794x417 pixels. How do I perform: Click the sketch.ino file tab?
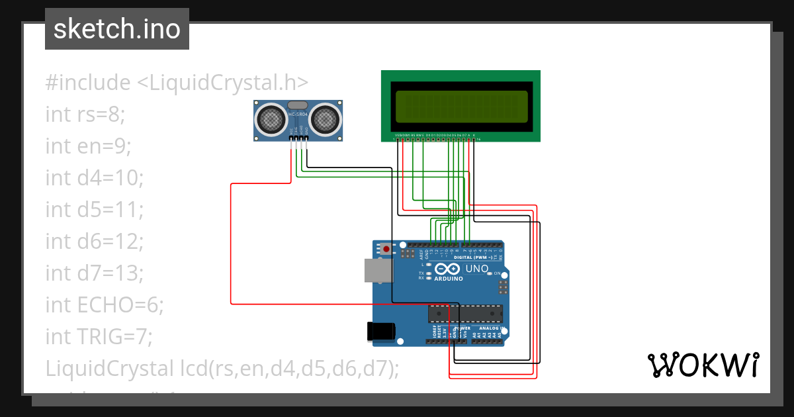[x=116, y=29]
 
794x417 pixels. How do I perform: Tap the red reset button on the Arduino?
[x=386, y=250]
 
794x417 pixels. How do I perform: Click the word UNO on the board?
[x=477, y=269]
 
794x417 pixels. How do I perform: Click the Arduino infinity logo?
[x=447, y=269]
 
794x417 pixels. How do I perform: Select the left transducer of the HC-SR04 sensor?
[x=271, y=119]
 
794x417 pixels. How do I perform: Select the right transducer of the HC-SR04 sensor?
[x=326, y=119]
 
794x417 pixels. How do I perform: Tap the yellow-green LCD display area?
[x=461, y=106]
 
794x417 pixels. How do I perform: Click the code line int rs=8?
[x=85, y=114]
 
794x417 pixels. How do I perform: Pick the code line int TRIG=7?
[x=99, y=336]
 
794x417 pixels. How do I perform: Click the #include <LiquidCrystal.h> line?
[x=177, y=83]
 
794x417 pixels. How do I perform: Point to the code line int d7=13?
[x=95, y=273]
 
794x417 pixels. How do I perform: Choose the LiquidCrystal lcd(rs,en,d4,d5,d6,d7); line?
[x=222, y=368]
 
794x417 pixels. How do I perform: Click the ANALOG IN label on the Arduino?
[x=492, y=328]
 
